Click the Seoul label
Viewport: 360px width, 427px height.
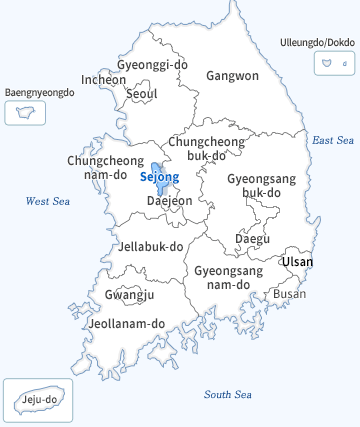142,94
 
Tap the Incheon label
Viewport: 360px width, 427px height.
104,79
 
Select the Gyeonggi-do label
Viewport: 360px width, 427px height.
152,65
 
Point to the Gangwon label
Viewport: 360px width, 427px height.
232,76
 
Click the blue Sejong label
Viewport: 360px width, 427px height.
160,178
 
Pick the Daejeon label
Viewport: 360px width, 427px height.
169,201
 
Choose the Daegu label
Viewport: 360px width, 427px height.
252,239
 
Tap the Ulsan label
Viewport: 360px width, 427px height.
297,262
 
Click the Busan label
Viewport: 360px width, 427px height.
290,294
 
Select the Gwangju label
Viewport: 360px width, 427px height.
129,295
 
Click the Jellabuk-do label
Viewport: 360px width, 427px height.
151,246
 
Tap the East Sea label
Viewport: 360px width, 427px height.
333,140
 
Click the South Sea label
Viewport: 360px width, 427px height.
229,394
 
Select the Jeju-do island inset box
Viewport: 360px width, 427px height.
34,401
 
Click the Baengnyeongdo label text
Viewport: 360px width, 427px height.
40,92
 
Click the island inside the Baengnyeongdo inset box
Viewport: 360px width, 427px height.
25,112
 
